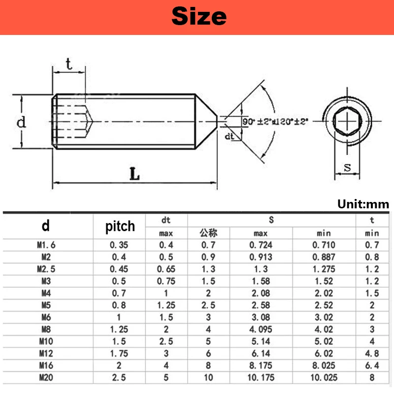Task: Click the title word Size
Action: point(199,16)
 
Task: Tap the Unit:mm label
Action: point(363,204)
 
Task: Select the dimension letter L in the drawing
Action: point(134,173)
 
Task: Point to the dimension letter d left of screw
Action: point(21,122)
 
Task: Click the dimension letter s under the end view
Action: point(348,167)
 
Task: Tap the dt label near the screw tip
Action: point(229,136)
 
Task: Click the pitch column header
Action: point(120,226)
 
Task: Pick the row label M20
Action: point(46,378)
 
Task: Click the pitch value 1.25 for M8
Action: point(120,329)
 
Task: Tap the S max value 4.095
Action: point(261,329)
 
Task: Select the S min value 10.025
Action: point(324,378)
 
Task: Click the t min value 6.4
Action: point(372,366)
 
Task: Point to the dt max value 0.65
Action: point(166,269)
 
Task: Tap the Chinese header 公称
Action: point(208,232)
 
